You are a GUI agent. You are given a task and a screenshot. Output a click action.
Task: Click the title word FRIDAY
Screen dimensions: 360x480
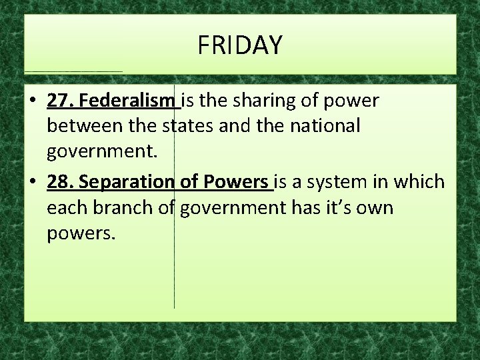(x=240, y=45)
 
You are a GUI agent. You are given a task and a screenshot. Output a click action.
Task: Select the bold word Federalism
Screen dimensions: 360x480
(x=127, y=101)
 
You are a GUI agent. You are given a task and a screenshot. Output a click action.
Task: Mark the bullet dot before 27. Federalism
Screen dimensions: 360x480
(x=32, y=101)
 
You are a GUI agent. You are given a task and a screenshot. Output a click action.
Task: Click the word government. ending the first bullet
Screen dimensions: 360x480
(x=102, y=153)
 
